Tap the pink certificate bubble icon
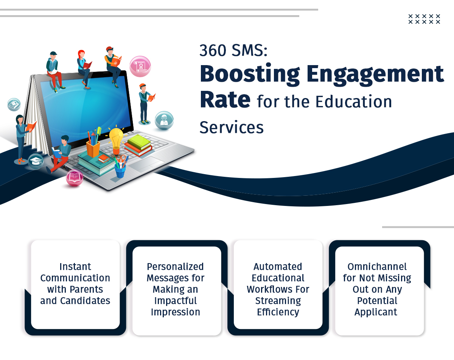pos(140,66)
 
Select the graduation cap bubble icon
pos(36,162)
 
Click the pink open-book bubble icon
pos(75,178)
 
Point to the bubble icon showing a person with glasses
pos(164,120)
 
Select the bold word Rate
pos(225,99)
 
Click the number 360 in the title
pos(213,50)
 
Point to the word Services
pos(232,127)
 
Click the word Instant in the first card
pos(75,266)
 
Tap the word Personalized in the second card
pos(175,266)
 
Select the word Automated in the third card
pos(278,266)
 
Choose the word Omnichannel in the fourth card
pos(377,266)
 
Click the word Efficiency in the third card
pos(278,312)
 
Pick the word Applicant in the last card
pos(376,312)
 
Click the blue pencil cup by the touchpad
pos(120,171)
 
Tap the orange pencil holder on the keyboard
pos(93,149)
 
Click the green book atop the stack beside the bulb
pos(139,142)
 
